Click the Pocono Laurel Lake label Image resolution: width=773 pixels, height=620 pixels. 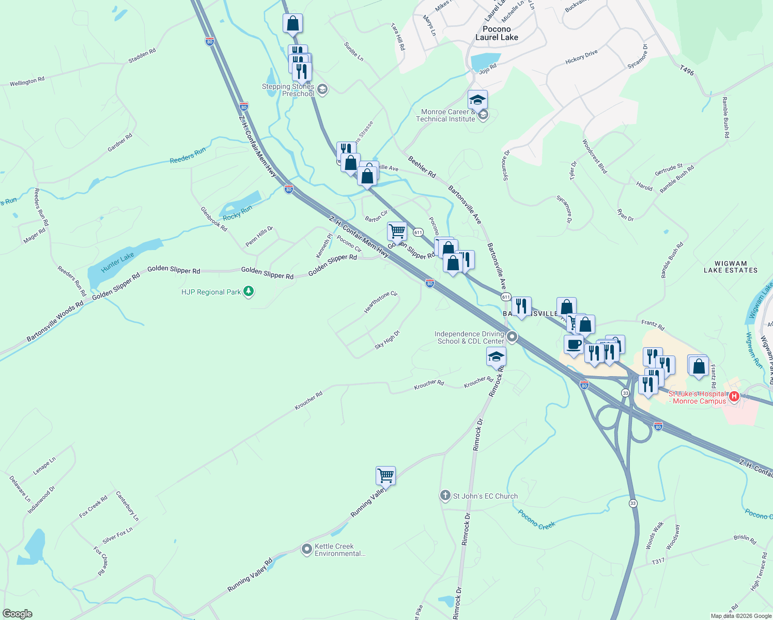click(x=497, y=33)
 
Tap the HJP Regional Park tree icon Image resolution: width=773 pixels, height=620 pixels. click(x=249, y=292)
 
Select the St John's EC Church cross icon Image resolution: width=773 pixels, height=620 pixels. click(x=445, y=496)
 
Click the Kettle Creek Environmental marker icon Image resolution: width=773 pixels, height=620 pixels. click(x=307, y=549)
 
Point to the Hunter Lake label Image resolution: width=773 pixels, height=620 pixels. click(x=118, y=262)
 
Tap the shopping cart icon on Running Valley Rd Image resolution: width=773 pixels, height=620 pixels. click(x=385, y=475)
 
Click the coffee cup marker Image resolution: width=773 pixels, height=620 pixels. click(x=574, y=345)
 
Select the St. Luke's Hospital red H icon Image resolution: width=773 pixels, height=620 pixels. click(x=733, y=397)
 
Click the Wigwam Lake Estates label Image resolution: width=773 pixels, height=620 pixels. click(x=731, y=267)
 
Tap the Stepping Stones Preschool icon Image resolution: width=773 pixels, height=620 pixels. click(x=322, y=90)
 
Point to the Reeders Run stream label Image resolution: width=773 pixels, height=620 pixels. click(x=188, y=156)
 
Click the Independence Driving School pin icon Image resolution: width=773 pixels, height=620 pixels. click(x=512, y=337)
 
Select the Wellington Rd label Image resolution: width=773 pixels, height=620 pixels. click(x=27, y=81)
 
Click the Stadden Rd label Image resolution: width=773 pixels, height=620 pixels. click(x=142, y=56)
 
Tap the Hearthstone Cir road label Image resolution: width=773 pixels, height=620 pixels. click(x=381, y=302)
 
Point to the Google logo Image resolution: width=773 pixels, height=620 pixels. click(x=17, y=614)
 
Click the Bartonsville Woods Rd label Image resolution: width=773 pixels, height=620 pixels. click(x=55, y=321)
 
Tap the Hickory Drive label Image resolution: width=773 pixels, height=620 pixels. click(x=581, y=57)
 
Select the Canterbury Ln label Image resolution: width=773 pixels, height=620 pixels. click(x=127, y=506)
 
